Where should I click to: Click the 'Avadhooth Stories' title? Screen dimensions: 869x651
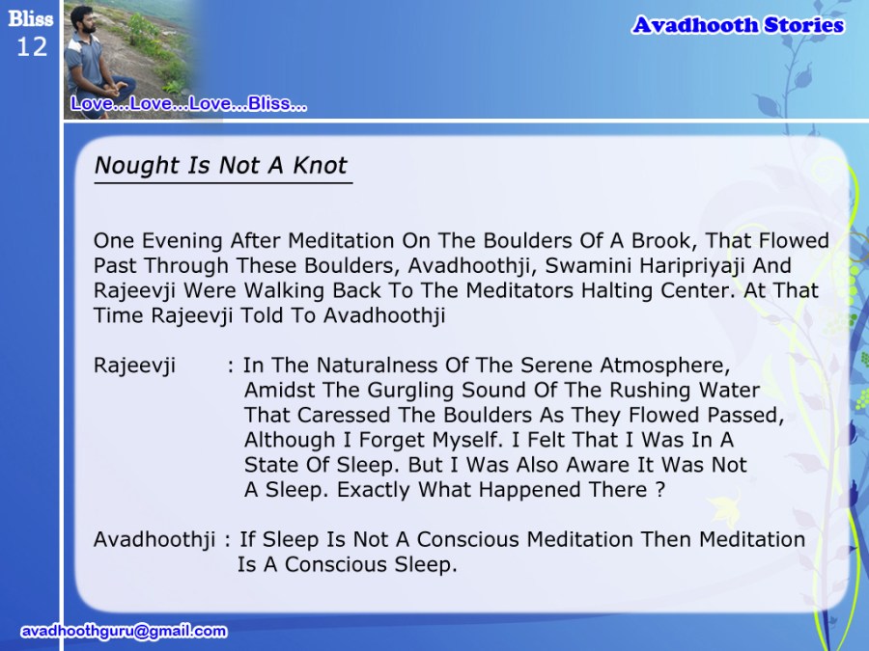click(x=738, y=25)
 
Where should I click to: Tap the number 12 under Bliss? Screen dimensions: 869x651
click(x=32, y=46)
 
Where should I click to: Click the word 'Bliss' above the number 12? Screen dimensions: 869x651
click(x=31, y=19)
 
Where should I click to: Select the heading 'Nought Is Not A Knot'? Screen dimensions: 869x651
click(x=220, y=165)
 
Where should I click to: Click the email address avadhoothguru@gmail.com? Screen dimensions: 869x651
click(x=124, y=631)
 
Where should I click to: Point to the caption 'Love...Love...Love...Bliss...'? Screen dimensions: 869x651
click(x=188, y=103)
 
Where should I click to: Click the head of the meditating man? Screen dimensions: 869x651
click(x=83, y=19)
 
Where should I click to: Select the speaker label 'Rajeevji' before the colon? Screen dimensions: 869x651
click(x=134, y=366)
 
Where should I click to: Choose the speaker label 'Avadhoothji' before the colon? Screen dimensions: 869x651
click(x=154, y=540)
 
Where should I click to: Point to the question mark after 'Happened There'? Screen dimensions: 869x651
click(x=659, y=490)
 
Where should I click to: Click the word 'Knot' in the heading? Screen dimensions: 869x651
click(x=320, y=165)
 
